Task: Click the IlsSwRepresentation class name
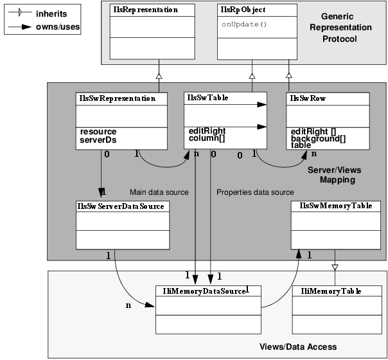pyautogui.click(x=116, y=98)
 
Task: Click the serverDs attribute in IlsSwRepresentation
pyautogui.click(x=95, y=139)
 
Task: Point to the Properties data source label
pyautogui.click(x=255, y=192)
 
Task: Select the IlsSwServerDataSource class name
pyautogui.click(x=121, y=206)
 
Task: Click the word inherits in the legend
pyautogui.click(x=51, y=14)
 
